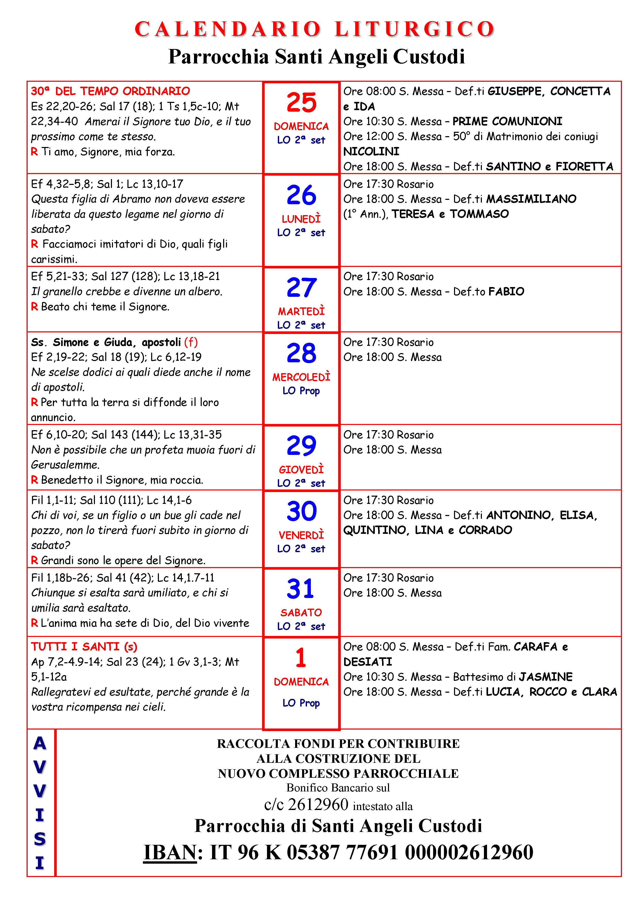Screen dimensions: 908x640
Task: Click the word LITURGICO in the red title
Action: tap(415, 29)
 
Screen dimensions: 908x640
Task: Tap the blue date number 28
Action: tap(301, 353)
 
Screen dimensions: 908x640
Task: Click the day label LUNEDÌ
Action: tap(301, 219)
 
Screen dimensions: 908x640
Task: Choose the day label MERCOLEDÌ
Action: tap(301, 377)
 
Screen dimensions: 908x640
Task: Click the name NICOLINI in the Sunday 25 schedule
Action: tap(371, 151)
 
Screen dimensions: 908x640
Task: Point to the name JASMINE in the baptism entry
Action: tap(546, 677)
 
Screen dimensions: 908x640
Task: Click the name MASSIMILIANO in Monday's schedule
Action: tap(531, 199)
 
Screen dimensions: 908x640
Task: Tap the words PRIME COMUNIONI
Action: tap(507, 121)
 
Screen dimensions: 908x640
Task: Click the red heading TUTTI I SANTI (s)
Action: tap(84, 647)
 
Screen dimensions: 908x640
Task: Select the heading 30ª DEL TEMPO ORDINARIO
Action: tap(110, 91)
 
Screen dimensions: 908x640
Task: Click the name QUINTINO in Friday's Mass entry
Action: tap(376, 530)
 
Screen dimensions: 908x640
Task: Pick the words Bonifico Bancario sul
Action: tap(338, 788)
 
